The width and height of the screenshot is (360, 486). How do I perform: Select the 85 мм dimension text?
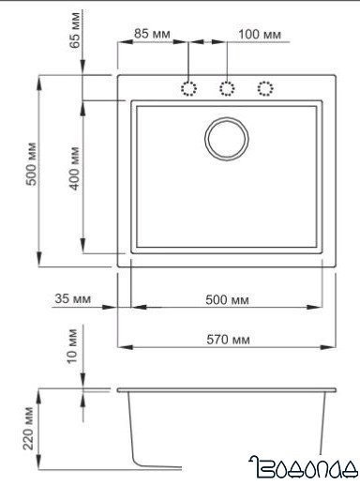tap(151, 34)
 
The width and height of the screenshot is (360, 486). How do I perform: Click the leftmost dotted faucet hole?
tap(187, 88)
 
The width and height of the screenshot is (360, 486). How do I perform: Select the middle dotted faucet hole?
tap(226, 88)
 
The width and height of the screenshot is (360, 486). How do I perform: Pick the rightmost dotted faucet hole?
tap(265, 88)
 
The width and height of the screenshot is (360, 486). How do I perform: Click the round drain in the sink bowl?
tap(226, 136)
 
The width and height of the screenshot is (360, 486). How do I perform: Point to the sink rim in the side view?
tap(226, 387)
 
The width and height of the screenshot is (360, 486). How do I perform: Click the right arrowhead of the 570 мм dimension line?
tap(333, 345)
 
